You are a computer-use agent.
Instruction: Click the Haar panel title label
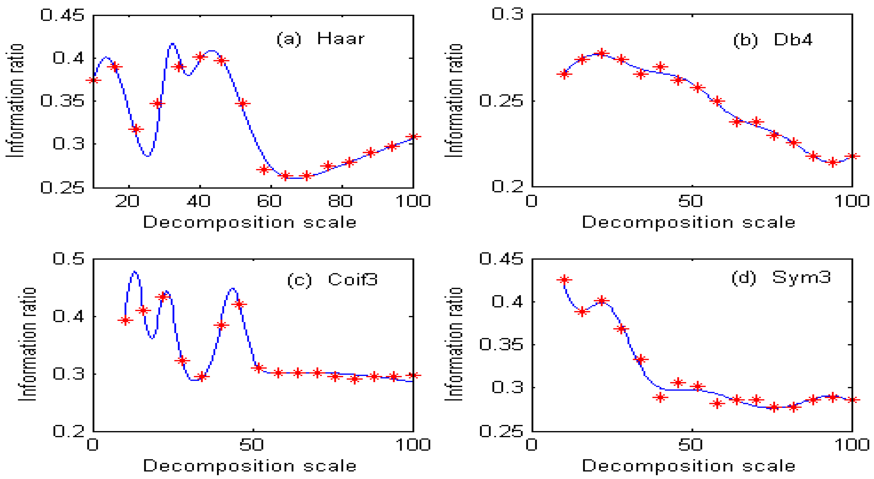(321, 38)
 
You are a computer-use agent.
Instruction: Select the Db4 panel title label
(773, 40)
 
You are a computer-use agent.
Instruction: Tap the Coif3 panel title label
(332, 280)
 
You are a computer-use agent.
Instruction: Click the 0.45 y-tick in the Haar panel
(62, 15)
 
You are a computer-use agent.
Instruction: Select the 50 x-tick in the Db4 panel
(690, 201)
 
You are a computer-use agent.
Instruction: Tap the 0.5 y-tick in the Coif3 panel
(68, 259)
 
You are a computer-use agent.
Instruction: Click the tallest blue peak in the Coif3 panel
(135, 272)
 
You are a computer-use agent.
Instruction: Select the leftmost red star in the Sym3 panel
(564, 280)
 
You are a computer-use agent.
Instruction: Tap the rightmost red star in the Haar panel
(413, 136)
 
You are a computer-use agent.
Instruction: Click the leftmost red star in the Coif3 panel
(126, 320)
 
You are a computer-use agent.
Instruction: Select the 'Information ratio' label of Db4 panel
(454, 100)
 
